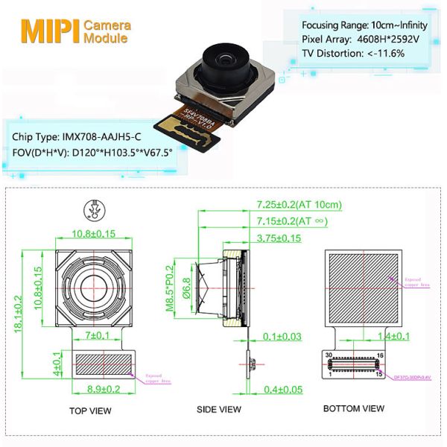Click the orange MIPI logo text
(51, 30)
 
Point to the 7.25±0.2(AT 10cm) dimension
(298, 204)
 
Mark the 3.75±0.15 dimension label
(278, 238)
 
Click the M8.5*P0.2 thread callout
(168, 287)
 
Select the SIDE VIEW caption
(219, 409)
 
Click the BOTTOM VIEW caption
(353, 408)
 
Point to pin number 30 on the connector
(327, 355)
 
